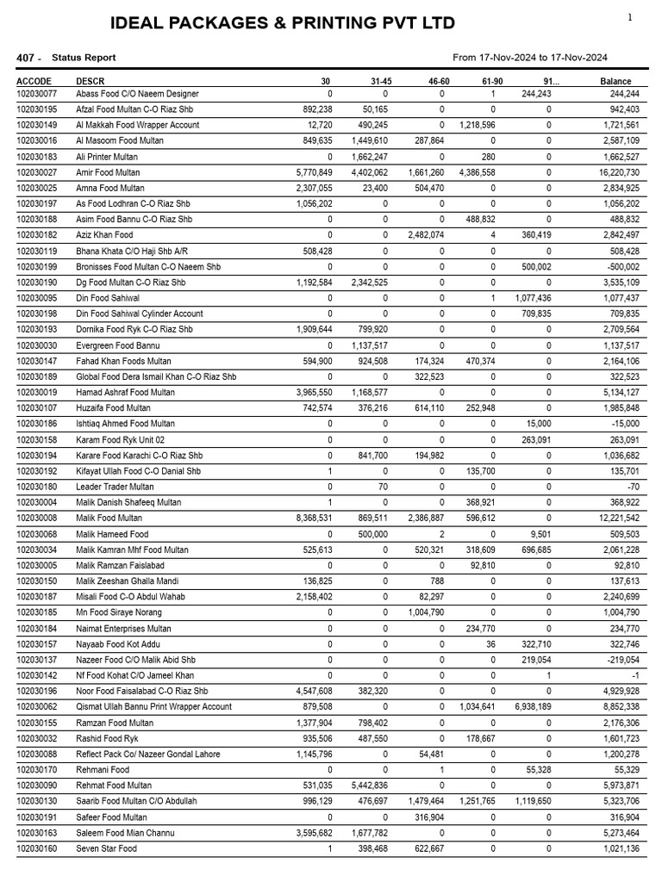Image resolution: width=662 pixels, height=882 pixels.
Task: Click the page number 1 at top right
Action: (629, 17)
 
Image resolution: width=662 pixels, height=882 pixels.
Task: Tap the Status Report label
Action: (84, 58)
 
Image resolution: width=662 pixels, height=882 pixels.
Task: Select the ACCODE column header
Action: (34, 82)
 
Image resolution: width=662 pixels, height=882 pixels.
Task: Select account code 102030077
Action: (40, 94)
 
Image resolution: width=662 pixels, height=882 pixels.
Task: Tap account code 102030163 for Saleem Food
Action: (40, 833)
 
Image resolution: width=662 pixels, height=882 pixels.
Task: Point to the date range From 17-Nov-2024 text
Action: (530, 58)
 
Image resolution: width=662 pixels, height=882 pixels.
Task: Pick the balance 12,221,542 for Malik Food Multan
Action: (613, 519)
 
